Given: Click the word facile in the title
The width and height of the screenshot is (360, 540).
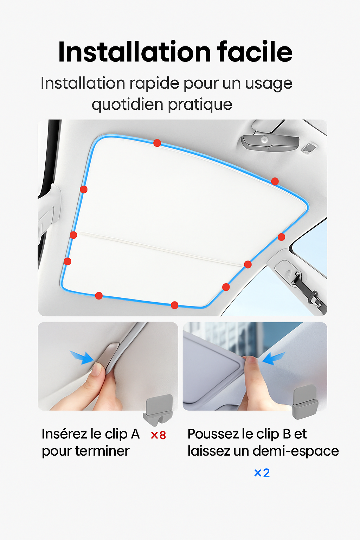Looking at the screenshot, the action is click(x=255, y=52).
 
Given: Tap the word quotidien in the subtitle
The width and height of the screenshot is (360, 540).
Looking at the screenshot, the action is click(x=128, y=105).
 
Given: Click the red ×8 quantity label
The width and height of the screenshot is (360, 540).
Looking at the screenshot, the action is click(x=159, y=435).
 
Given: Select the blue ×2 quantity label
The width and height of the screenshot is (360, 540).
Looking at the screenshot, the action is click(x=262, y=473).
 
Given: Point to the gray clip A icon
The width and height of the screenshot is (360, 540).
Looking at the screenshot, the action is click(x=158, y=410).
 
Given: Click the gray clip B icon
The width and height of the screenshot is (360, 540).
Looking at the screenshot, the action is click(x=305, y=402).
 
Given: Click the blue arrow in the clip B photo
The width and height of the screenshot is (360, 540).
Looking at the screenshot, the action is click(x=274, y=358).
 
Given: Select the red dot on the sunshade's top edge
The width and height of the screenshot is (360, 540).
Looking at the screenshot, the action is click(x=157, y=143).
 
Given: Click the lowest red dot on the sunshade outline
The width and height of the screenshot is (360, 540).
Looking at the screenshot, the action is click(x=175, y=305).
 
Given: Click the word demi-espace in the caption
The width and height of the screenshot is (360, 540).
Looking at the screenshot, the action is click(x=296, y=451).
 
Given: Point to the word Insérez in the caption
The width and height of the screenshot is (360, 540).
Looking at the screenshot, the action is click(x=64, y=434).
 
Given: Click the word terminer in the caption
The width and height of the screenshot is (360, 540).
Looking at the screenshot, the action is click(x=102, y=451).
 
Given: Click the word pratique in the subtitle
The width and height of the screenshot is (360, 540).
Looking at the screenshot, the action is click(x=200, y=105).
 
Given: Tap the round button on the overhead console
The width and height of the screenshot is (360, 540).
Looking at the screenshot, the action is click(x=264, y=139).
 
